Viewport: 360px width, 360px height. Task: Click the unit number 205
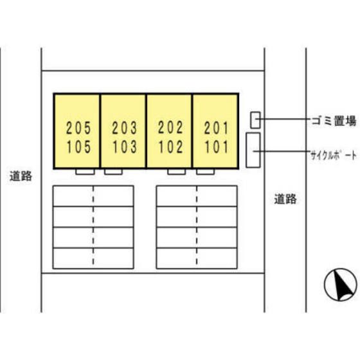point(78,128)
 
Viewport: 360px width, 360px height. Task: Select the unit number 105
point(78,147)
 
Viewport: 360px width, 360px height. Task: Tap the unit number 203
point(125,128)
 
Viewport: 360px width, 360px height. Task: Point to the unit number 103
point(125,147)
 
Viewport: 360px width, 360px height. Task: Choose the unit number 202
point(170,127)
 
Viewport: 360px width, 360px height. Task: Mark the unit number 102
point(171,147)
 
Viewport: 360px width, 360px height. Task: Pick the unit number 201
point(217,128)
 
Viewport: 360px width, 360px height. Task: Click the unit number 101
point(217,147)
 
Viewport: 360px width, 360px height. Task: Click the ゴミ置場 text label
point(334,121)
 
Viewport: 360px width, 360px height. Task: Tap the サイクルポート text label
point(334,156)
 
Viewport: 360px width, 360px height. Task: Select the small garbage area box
point(255,120)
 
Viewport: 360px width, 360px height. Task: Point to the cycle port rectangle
point(253,150)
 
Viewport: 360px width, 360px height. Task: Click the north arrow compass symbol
point(341,285)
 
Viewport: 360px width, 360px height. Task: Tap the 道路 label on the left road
point(21,176)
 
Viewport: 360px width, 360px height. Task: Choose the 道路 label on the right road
point(285,199)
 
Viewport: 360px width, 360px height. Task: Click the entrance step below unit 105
point(85,172)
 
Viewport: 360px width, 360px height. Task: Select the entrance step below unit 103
point(113,172)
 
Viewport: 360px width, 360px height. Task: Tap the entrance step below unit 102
point(176,172)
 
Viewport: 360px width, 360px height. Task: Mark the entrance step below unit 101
point(205,172)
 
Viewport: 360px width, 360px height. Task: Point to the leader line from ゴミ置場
point(283,119)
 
